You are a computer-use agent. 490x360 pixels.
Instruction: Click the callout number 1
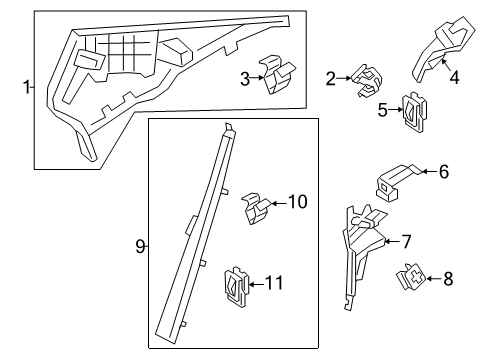26,87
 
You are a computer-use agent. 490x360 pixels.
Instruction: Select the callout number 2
331,79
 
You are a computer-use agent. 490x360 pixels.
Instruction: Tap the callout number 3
245,79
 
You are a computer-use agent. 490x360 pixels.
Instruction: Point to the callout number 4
454,78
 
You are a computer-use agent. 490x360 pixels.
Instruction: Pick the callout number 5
383,110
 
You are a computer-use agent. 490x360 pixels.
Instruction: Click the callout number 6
444,172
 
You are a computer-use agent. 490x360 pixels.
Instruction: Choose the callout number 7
406,242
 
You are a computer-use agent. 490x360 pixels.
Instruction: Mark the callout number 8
448,279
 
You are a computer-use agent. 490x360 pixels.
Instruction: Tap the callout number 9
140,247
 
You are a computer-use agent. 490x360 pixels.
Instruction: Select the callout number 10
297,202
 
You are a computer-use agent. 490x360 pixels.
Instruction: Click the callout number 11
274,283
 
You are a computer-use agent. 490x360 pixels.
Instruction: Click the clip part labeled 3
278,75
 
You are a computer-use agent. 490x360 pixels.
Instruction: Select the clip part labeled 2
367,80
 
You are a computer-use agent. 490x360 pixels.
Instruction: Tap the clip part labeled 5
415,113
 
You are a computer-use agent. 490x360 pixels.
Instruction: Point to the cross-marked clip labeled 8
411,277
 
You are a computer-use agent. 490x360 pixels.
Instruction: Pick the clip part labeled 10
257,208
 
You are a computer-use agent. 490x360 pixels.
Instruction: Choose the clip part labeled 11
237,286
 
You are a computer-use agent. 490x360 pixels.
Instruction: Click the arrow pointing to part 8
433,279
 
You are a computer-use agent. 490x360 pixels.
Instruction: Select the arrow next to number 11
257,284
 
